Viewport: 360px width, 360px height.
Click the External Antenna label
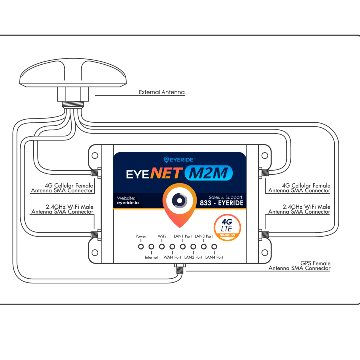point(161,92)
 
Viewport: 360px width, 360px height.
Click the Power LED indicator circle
point(141,246)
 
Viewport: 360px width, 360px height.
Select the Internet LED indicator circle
point(151,246)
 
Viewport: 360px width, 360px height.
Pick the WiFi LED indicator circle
point(162,246)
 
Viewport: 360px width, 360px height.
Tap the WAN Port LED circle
point(172,246)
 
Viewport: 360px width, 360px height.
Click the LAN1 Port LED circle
point(183,246)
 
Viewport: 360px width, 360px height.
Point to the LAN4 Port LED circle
point(214,246)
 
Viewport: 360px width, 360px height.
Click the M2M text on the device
point(208,173)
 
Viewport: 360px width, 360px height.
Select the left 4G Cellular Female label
point(62,188)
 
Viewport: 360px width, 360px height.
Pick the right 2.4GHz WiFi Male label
point(299,209)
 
